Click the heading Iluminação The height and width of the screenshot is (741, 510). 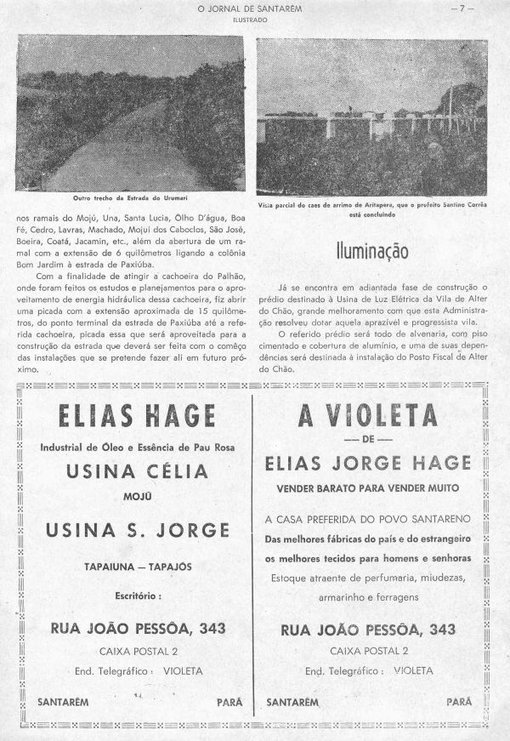click(371, 252)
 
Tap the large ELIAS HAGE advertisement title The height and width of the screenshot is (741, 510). click(136, 417)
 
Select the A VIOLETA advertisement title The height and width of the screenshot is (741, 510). click(368, 416)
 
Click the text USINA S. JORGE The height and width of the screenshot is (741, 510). click(136, 530)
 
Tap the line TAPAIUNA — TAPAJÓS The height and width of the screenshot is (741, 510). click(136, 567)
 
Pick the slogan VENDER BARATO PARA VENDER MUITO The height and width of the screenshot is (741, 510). click(367, 489)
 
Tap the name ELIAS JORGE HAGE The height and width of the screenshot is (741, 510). click(367, 463)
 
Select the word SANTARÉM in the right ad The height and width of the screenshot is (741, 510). click(293, 703)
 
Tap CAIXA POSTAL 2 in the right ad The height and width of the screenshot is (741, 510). click(367, 652)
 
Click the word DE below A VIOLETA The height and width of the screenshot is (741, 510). click(368, 439)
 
